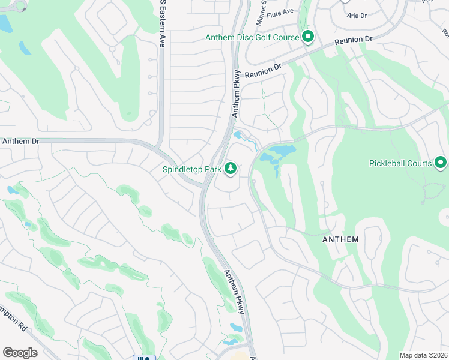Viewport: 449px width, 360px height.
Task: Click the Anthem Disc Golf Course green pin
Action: [308, 37]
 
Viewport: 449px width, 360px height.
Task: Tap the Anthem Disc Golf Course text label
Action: [252, 37]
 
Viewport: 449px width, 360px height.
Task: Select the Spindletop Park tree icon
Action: [231, 169]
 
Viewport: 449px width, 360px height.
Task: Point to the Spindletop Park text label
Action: [192, 169]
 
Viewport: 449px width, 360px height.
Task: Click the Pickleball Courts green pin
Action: [441, 163]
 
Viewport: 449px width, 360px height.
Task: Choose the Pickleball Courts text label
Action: [400, 163]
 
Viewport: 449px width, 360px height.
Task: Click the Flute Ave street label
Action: [280, 11]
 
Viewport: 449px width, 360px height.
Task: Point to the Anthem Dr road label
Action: [20, 141]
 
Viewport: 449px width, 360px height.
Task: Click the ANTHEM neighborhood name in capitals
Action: [340, 239]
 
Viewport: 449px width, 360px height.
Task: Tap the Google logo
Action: [20, 352]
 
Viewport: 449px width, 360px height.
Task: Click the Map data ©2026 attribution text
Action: [423, 355]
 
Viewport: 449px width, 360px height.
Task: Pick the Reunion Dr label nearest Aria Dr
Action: [354, 40]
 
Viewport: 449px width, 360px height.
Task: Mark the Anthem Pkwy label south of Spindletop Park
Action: [234, 292]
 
